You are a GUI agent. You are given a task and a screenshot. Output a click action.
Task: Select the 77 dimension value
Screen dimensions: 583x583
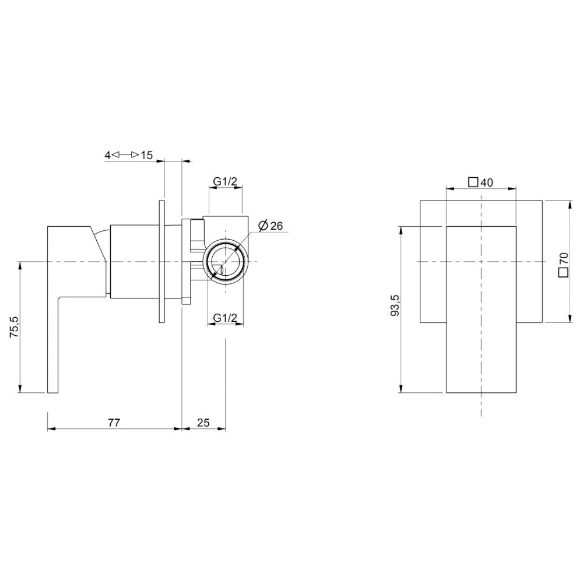[x=114, y=423]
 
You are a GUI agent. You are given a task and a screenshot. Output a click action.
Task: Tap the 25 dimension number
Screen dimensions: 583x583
[x=203, y=423]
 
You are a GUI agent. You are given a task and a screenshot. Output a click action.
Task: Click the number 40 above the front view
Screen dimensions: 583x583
[x=487, y=183]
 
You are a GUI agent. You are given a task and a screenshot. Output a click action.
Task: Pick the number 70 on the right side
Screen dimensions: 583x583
[x=564, y=259]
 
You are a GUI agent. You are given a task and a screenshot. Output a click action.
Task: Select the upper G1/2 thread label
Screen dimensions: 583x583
[x=225, y=181]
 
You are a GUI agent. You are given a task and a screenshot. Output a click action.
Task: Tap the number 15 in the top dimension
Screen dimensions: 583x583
[x=147, y=156]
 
